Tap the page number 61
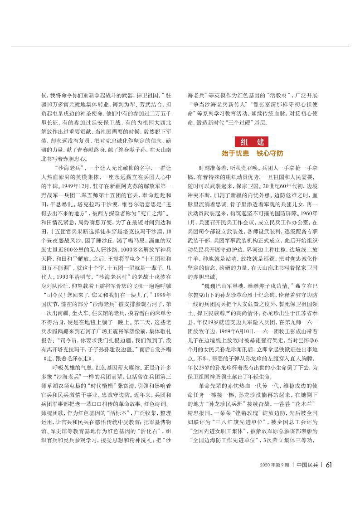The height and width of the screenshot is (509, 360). click(x=330, y=490)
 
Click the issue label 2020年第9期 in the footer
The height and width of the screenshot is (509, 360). click(x=274, y=490)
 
